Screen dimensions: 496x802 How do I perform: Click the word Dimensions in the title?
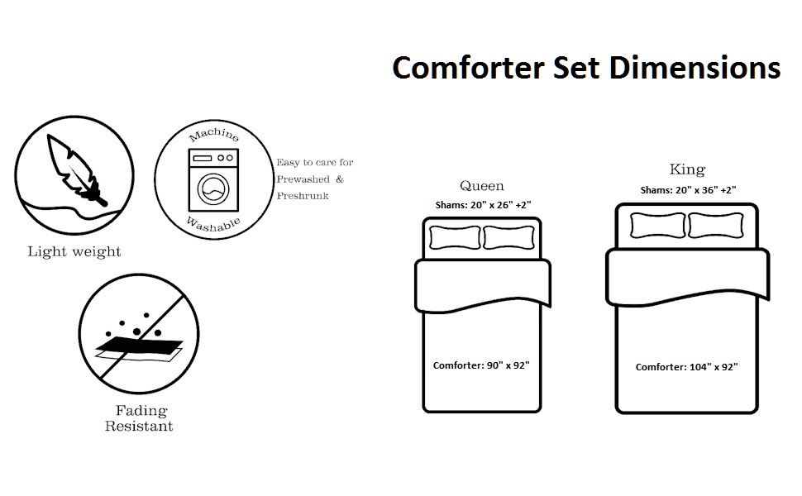click(695, 67)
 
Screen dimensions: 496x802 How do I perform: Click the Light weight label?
click(74, 251)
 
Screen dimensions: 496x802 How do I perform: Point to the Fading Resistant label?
click(139, 418)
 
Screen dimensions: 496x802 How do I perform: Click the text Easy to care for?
click(315, 163)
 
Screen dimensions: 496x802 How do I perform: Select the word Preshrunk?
click(303, 196)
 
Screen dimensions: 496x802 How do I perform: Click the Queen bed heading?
click(482, 185)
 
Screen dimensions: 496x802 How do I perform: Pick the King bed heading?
click(687, 169)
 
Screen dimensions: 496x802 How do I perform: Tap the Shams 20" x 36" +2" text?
click(688, 189)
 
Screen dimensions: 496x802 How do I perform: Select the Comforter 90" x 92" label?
click(481, 365)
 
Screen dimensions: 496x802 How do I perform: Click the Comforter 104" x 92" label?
click(686, 367)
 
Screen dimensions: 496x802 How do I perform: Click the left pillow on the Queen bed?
click(454, 238)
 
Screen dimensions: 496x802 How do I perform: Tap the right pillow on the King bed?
click(715, 225)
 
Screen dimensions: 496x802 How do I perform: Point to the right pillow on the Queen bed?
click(509, 238)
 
